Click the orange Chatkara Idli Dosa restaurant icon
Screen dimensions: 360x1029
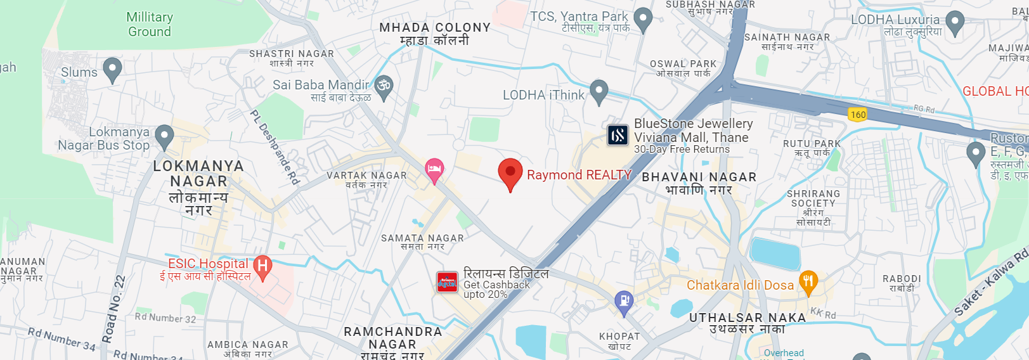pos(808,283)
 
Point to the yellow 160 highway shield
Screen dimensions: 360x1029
pos(858,115)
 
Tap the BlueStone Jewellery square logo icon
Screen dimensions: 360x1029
pos(618,135)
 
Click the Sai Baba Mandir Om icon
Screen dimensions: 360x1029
pos(384,87)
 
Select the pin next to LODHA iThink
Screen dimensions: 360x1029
pos(599,92)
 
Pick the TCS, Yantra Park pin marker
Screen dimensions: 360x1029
pos(643,19)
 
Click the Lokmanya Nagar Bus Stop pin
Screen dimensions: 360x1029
pos(164,136)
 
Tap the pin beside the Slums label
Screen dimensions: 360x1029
pos(112,70)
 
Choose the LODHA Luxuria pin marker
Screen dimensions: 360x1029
pos(954,23)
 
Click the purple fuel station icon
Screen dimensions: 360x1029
pos(624,302)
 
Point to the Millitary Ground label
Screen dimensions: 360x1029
pos(150,24)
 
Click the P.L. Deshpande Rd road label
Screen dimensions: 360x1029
pos(274,147)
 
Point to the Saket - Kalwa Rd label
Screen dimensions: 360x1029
pos(992,283)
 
